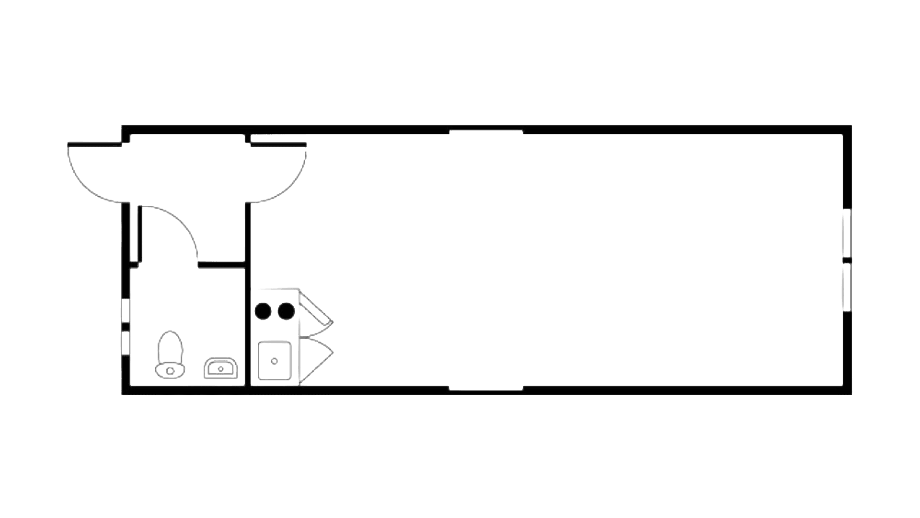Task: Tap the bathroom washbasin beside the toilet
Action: pyautogui.click(x=221, y=368)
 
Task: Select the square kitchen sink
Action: pyautogui.click(x=275, y=360)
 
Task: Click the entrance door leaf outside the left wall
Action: pyautogui.click(x=94, y=143)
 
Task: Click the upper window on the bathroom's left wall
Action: pyautogui.click(x=125, y=310)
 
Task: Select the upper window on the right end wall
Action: pyautogui.click(x=847, y=233)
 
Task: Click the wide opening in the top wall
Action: pyautogui.click(x=486, y=130)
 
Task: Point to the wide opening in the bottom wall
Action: pyautogui.click(x=486, y=389)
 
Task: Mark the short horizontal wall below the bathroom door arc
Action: pyautogui.click(x=221, y=264)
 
